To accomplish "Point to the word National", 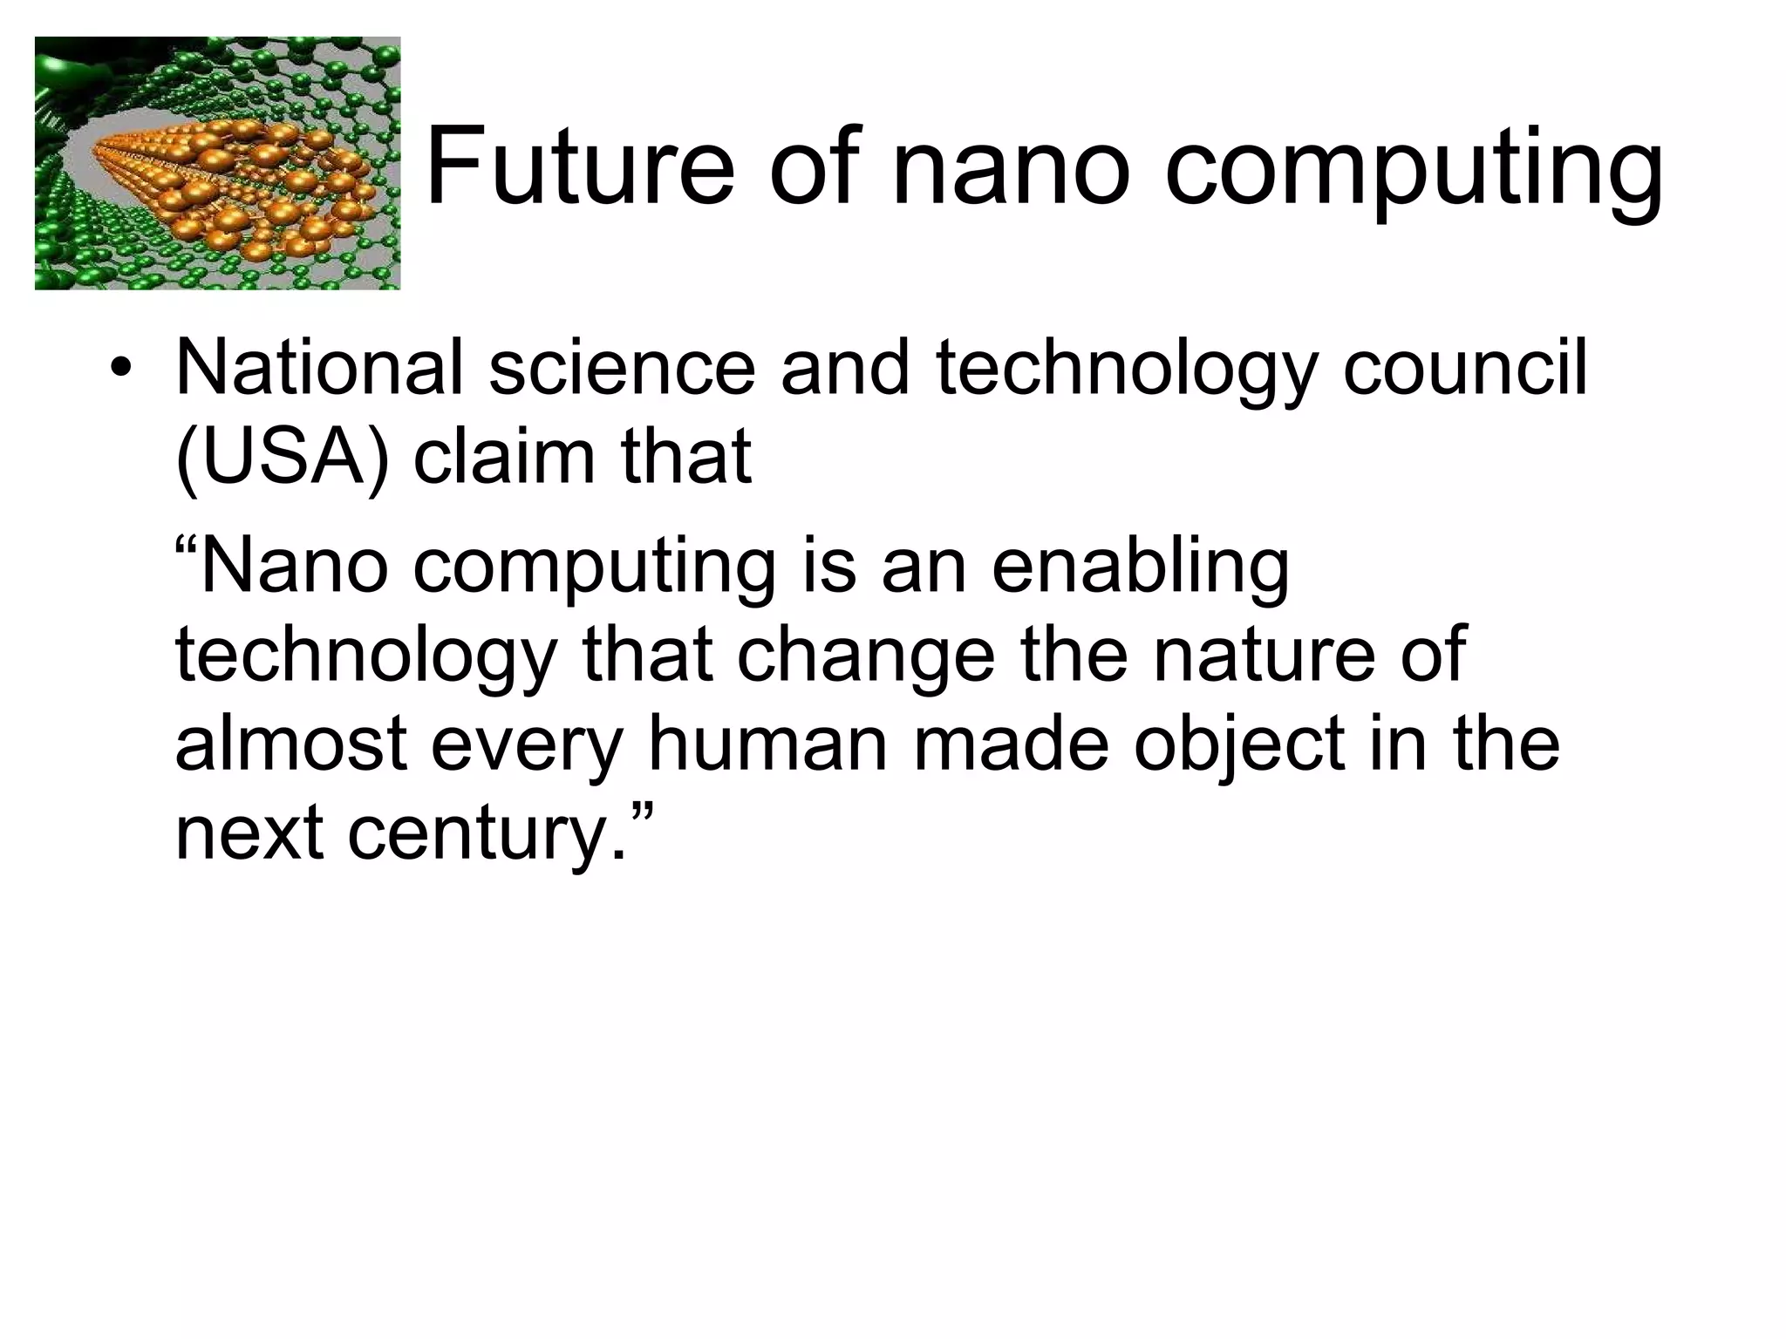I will (319, 367).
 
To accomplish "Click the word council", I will (1464, 367).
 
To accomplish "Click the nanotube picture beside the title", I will (217, 163).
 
